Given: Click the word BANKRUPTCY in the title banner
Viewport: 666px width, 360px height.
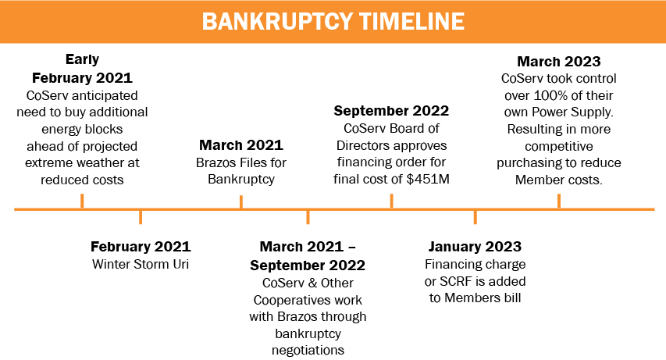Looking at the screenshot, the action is pyautogui.click(x=277, y=21).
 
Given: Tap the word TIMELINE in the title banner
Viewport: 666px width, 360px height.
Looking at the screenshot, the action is pyautogui.click(x=411, y=21).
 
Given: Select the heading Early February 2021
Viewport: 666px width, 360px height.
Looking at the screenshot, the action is pyautogui.click(x=82, y=69).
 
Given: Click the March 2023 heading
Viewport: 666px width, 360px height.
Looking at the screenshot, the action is pyautogui.click(x=559, y=61).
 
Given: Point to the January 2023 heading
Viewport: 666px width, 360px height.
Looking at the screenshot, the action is pyautogui.click(x=475, y=247).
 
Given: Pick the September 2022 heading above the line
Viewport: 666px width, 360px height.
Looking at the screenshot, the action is pyautogui.click(x=391, y=111).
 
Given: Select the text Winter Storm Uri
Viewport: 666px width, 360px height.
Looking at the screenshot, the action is pyautogui.click(x=141, y=264).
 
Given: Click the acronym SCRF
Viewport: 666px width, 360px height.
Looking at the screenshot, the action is pyautogui.click(x=455, y=281).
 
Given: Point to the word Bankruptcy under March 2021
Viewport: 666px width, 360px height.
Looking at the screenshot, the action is pyautogui.click(x=241, y=180).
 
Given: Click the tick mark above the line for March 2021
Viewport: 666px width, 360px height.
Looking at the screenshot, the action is pyautogui.click(x=241, y=202).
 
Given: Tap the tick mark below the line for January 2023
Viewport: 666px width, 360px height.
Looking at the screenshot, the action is pyautogui.click(x=475, y=217).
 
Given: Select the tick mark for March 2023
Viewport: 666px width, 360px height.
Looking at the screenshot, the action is pyautogui.click(x=559, y=201).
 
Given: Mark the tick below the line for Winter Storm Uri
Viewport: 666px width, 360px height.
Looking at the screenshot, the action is pyautogui.click(x=141, y=217).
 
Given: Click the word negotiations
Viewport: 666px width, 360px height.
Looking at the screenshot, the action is pyautogui.click(x=308, y=350).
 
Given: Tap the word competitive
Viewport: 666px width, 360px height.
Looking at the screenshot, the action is pyautogui.click(x=559, y=147).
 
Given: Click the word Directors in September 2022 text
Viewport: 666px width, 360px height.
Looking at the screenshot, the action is pyautogui.click(x=363, y=145).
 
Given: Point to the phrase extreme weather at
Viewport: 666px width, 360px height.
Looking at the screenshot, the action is pyautogui.click(x=82, y=162).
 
